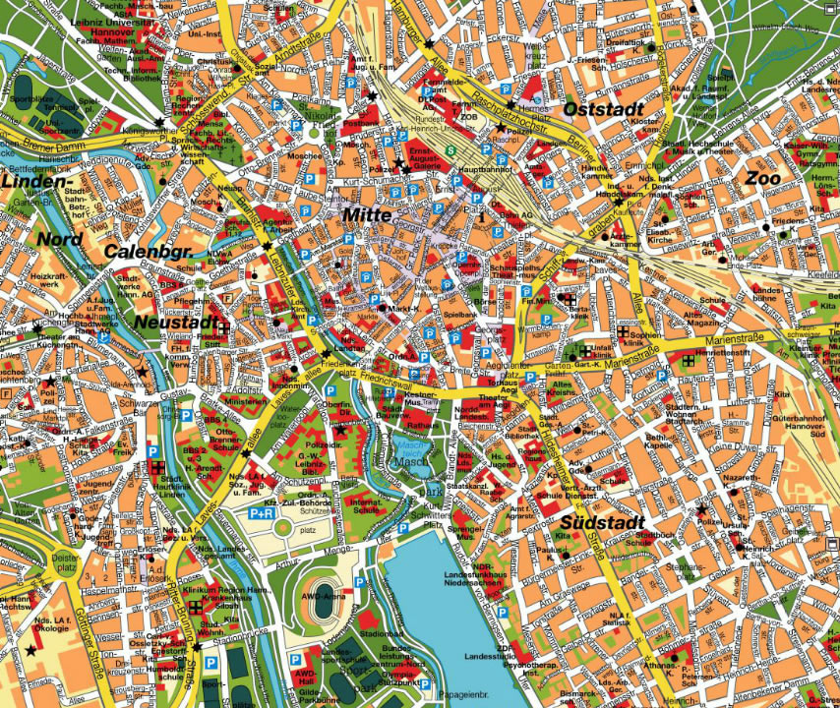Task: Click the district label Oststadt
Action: [602, 108]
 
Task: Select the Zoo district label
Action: [762, 178]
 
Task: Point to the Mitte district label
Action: [367, 213]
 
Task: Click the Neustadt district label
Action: [175, 323]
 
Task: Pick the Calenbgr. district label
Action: [148, 253]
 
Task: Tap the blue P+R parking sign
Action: [261, 512]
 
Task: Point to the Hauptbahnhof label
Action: [482, 170]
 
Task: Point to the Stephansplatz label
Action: [686, 571]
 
